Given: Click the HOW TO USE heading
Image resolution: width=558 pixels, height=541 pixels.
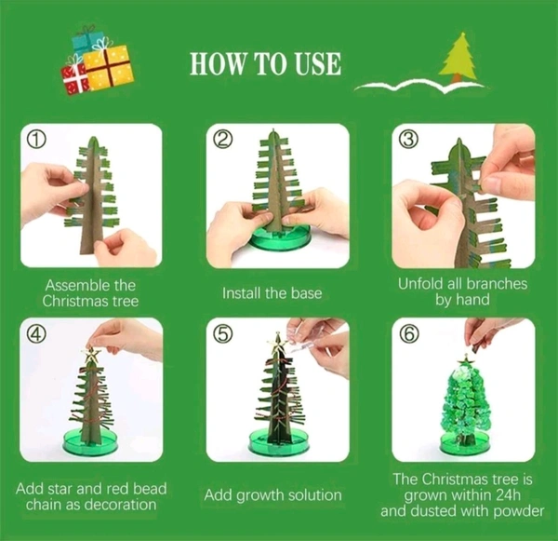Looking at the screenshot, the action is coord(265,64).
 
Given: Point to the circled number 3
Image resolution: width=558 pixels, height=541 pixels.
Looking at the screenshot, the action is coord(409,141).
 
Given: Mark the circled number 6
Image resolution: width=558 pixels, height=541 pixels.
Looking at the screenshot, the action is coord(410,334).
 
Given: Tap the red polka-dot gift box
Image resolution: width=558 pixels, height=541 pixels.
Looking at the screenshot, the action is coord(74,78).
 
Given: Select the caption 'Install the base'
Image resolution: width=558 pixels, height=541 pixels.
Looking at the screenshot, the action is coord(272,293).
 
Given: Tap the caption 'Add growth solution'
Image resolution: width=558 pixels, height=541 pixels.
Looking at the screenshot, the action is coord(272,495).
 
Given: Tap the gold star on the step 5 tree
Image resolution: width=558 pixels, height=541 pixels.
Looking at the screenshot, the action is coord(277,341).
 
